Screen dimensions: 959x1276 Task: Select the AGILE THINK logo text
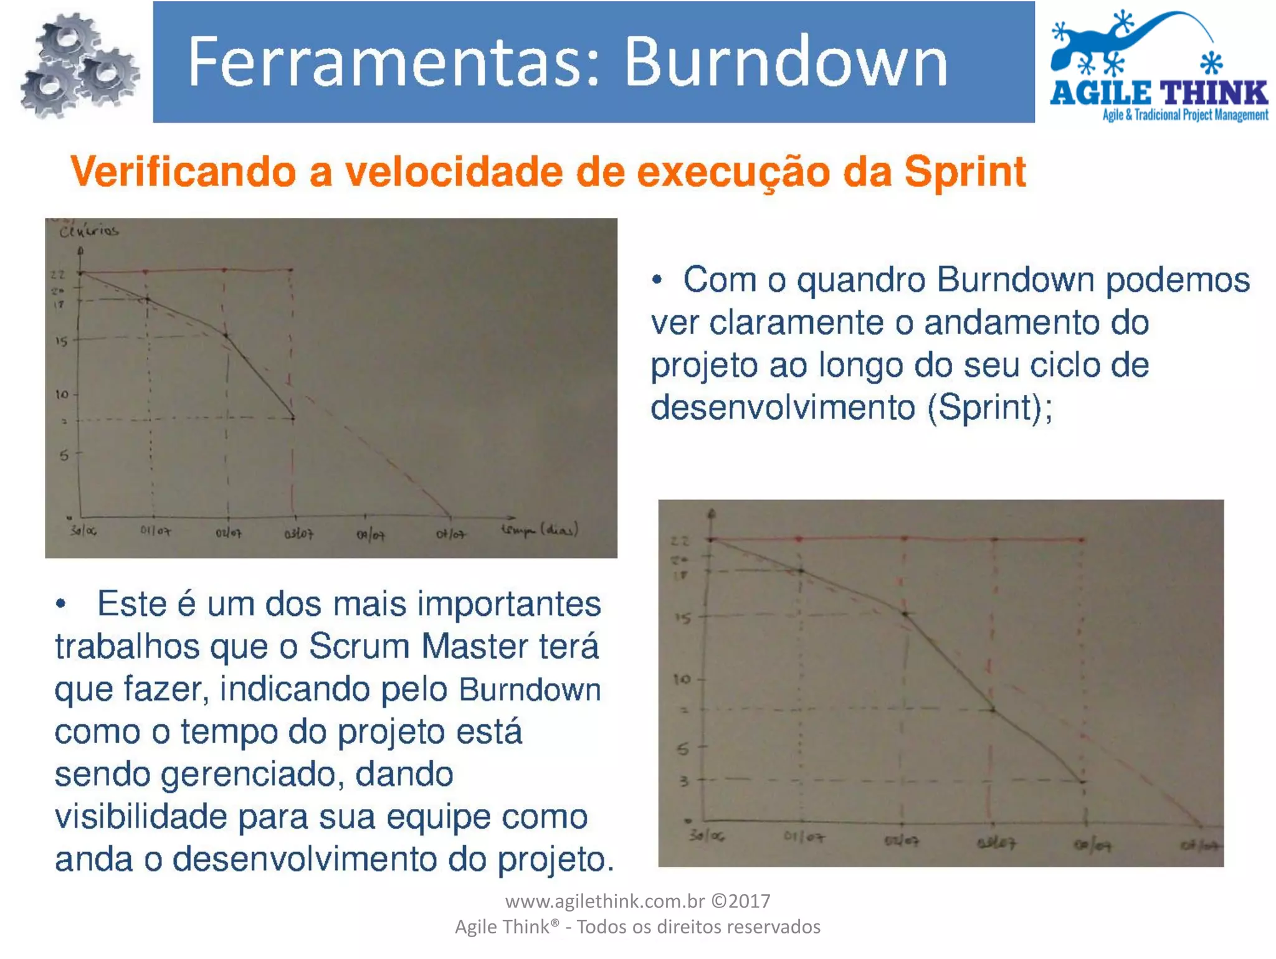pos(1159,93)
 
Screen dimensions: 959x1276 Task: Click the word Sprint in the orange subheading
pos(964,171)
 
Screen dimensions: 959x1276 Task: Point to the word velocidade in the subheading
pos(454,171)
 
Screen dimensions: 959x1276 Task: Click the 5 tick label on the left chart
pos(64,456)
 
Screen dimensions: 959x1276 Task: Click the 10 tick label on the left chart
pos(62,394)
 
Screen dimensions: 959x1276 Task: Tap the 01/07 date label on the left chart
pos(155,531)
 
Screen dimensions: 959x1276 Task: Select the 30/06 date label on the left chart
pos(83,531)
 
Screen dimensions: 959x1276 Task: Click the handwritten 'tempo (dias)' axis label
pos(540,530)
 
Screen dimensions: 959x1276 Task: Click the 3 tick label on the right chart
pos(683,780)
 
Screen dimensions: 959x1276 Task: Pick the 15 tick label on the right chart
pos(683,618)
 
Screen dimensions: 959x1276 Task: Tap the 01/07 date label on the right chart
pos(804,837)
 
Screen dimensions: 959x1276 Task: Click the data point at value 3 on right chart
pos(1083,781)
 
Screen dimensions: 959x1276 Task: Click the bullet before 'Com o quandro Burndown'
pos(657,280)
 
